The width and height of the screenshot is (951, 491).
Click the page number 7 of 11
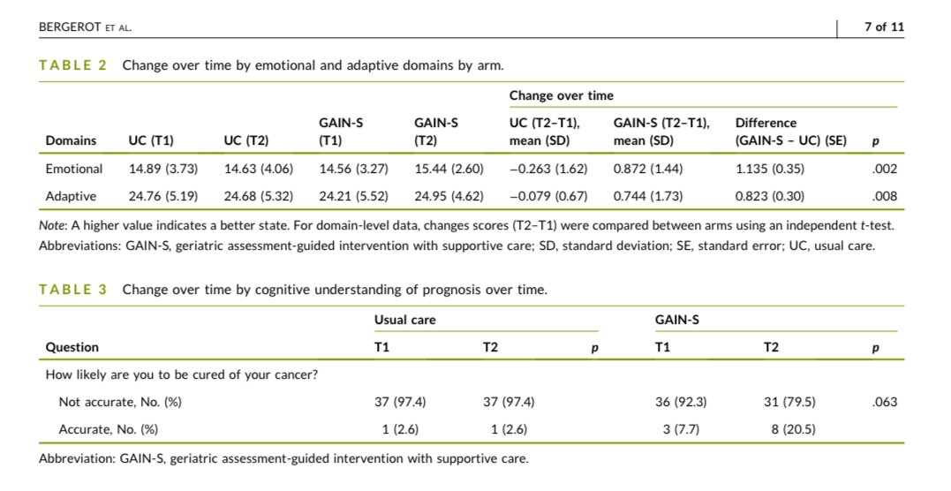pos(884,27)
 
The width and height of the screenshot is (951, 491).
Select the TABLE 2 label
pos(73,65)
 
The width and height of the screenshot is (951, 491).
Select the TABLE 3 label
pos(73,290)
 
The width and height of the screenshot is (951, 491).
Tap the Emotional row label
pos(74,169)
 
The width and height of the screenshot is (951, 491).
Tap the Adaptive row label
pos(71,195)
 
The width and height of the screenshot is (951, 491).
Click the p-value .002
pos(887,169)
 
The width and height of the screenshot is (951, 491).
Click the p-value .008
pos(887,195)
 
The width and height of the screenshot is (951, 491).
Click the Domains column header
pos(72,140)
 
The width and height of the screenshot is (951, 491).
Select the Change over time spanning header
pos(561,95)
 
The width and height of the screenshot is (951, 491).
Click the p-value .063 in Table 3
pos(883,402)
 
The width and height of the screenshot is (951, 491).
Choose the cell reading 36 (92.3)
pos(681,402)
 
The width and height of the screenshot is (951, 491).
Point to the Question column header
pos(72,347)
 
